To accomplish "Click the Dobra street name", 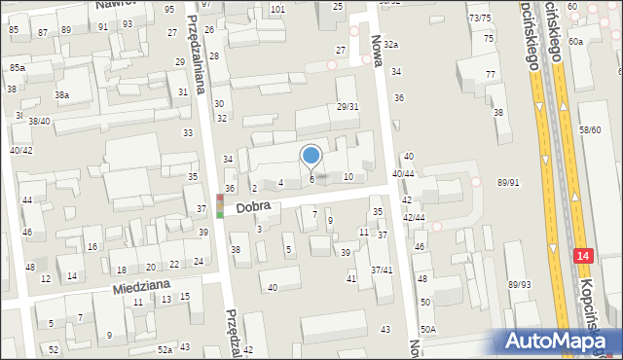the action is (250, 208).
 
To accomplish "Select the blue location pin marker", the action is (311, 156).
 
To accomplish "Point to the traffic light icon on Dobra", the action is (220, 205).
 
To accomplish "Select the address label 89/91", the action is (508, 182).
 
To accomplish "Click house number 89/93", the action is (519, 284).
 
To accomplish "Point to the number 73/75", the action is (479, 18).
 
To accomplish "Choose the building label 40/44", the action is (403, 173).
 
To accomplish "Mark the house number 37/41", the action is (381, 270).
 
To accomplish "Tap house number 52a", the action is (165, 349).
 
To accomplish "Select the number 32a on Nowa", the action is (390, 45).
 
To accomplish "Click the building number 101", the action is (277, 9).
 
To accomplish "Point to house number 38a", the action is (61, 95).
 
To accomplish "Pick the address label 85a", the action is (18, 67).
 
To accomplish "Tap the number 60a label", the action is (576, 41).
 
